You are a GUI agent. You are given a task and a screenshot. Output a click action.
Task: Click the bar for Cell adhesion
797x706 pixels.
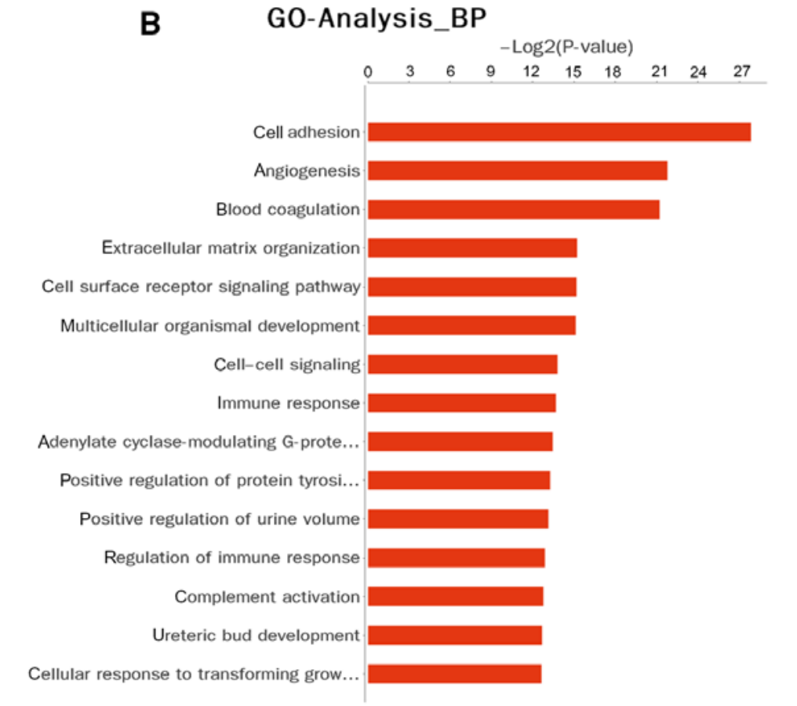(559, 132)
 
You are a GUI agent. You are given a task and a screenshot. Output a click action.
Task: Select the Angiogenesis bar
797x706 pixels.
(517, 170)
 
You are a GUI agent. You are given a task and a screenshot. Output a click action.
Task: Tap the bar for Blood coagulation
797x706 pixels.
(513, 209)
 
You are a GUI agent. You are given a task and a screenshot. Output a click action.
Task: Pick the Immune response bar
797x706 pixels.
(461, 403)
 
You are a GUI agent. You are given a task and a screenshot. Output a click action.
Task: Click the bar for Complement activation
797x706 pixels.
(455, 596)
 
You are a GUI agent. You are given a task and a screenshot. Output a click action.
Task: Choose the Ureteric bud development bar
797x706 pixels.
(454, 635)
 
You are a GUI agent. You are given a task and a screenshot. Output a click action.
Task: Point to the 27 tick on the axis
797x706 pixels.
(741, 72)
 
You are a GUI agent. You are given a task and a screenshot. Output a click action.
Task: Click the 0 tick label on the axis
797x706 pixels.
(368, 72)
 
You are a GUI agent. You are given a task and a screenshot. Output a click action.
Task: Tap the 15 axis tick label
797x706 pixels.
(573, 72)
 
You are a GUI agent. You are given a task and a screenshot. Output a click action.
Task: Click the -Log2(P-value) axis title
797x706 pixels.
(566, 48)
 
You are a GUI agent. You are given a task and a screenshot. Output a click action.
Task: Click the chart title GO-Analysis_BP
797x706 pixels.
(377, 20)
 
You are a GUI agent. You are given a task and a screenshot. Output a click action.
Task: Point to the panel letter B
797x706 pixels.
(150, 24)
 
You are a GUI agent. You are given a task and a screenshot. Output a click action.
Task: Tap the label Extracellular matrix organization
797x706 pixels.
(231, 248)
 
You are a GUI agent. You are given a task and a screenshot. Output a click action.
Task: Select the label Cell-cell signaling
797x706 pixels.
(287, 364)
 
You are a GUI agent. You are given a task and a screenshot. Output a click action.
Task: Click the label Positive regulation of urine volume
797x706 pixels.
(220, 519)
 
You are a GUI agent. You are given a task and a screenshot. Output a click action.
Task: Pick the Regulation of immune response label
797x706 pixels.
(231, 558)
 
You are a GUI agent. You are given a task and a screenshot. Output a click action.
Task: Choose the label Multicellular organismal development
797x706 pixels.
(209, 325)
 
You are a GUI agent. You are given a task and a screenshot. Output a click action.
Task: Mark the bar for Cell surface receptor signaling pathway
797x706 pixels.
(471, 287)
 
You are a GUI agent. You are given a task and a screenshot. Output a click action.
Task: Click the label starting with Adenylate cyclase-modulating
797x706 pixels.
(198, 442)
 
